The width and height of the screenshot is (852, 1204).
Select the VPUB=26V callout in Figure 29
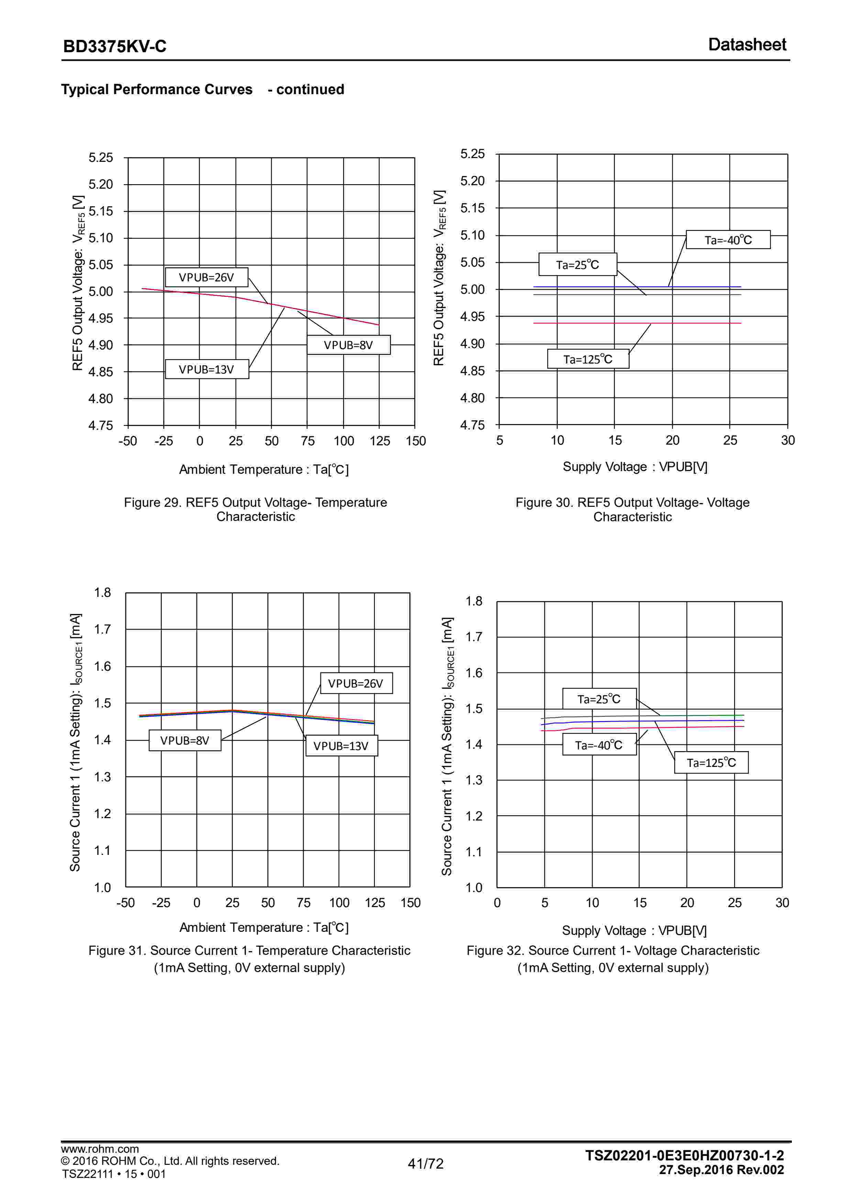coord(206,277)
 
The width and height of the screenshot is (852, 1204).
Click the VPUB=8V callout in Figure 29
coord(348,345)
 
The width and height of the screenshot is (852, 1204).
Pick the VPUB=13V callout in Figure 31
coord(341,746)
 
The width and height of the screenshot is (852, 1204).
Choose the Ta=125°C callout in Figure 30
coord(588,359)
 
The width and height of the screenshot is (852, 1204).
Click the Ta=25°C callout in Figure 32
coord(599,699)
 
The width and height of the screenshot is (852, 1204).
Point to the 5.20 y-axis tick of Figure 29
coord(100,185)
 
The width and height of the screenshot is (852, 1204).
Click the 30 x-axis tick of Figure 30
coord(787,441)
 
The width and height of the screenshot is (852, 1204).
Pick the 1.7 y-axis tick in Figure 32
coord(474,637)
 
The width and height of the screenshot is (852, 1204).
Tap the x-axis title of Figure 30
coord(635,467)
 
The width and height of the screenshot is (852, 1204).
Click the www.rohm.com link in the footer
coord(100,1149)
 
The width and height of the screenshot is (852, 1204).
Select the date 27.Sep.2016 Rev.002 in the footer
coord(721,1170)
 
